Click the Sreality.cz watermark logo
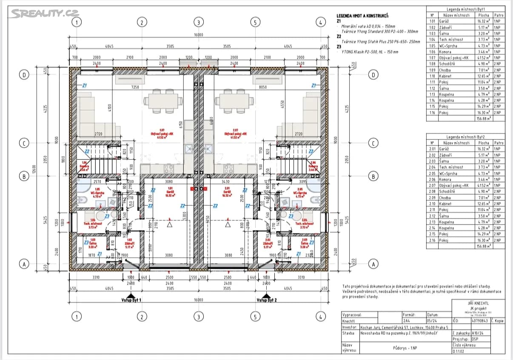(45, 14)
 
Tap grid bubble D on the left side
(24, 75)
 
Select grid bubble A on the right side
(373, 264)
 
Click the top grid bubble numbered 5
(255, 22)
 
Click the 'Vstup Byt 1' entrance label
(131, 300)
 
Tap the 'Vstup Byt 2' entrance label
(266, 300)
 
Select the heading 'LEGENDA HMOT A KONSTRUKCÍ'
(362, 16)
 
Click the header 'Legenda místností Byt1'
(466, 9)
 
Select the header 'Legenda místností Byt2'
(466, 137)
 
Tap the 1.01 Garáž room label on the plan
(170, 190)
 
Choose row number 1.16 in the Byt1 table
(432, 113)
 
